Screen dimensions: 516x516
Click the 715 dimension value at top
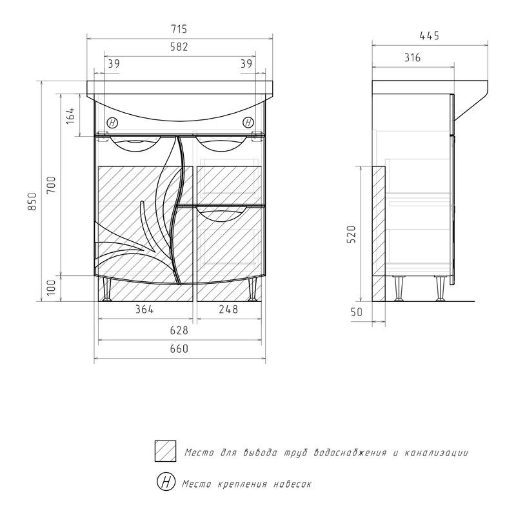coord(179,29)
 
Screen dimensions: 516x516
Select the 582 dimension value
coord(179,46)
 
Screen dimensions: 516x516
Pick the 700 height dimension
coord(52,186)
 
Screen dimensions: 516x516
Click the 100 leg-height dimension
coord(52,288)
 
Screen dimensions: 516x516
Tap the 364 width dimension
coord(144,309)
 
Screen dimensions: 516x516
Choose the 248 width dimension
coord(228,309)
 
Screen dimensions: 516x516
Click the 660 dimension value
coord(179,349)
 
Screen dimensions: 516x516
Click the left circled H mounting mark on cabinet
coord(113,123)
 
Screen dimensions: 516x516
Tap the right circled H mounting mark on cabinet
coord(248,122)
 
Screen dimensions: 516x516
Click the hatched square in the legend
coord(166,451)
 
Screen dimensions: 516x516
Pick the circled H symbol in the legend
coord(166,481)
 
